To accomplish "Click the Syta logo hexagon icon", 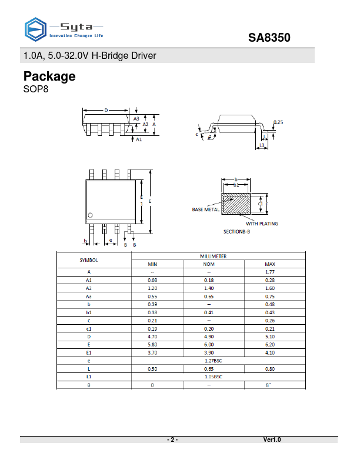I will (35, 29).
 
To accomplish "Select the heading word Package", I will (49, 76).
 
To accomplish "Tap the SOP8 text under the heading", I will (35, 89).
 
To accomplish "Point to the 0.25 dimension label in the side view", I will (278, 122).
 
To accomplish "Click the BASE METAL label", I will (206, 209).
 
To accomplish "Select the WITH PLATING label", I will (262, 224).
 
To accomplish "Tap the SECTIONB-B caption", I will (236, 232).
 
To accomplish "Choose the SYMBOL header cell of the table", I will (89, 260).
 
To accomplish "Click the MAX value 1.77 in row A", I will (271, 272).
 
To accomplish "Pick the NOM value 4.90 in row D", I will (209, 337).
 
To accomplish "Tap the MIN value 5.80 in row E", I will (152, 345).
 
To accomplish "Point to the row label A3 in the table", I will (89, 296).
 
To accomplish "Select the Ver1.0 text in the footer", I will (272, 440).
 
